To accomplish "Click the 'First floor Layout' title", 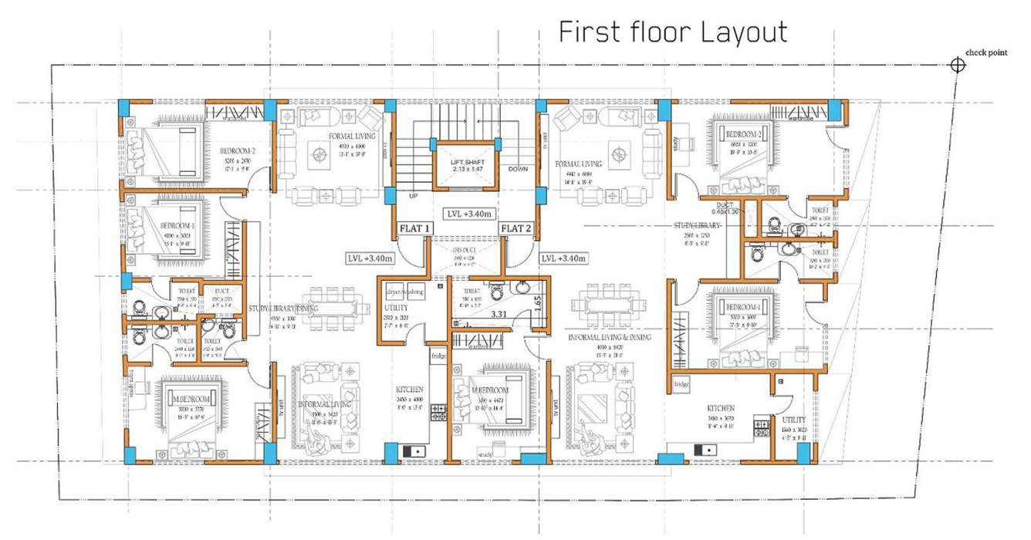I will coord(673,32).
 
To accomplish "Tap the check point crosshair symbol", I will coord(958,66).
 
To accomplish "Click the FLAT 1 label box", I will coord(416,228).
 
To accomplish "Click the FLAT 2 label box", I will coord(515,228).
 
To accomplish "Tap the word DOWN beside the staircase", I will coord(518,169).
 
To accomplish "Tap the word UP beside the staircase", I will coord(412,197).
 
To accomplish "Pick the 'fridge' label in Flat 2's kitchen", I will coord(681,383).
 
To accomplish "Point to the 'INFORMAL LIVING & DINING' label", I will coord(610,337).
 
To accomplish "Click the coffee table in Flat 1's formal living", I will coord(319,157).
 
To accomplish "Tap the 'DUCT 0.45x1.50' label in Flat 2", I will coord(724,208).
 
